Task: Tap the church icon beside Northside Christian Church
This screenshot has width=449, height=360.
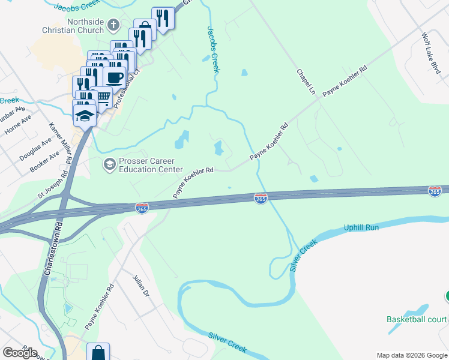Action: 114,25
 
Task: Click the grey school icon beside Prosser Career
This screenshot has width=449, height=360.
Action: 109,164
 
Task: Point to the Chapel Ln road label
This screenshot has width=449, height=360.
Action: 306,82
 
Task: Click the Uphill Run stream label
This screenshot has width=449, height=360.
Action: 361,228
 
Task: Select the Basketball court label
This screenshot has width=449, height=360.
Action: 417,319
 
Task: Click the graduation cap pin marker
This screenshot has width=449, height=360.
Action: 85,115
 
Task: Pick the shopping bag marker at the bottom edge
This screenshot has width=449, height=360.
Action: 98,353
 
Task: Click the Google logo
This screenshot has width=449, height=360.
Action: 20,352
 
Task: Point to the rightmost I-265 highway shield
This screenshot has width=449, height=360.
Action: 435,191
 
